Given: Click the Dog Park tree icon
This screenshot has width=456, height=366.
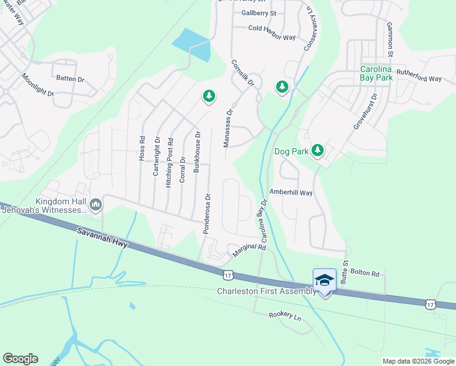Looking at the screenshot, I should point(317,150).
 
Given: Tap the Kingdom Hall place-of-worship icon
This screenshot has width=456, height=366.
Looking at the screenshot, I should point(95,205).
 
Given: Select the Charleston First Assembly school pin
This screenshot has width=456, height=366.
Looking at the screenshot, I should point(324,281).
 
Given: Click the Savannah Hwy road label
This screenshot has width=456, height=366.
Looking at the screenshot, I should point(102,238).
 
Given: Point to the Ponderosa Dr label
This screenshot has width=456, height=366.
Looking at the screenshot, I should point(208,207).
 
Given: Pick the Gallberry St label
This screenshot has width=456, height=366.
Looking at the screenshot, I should point(258,13).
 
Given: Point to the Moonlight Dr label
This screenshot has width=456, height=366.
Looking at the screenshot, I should point(38,85).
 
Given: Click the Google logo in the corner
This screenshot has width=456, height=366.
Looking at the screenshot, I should point(20,359).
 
